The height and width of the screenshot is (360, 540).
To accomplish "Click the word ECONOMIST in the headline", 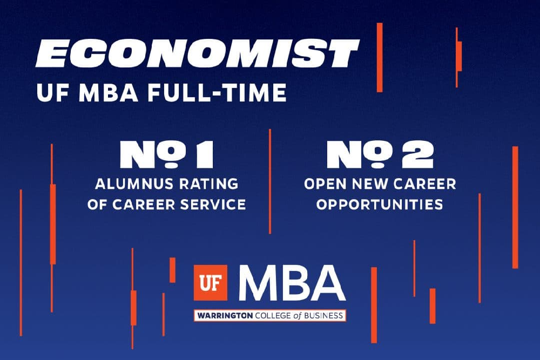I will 197,53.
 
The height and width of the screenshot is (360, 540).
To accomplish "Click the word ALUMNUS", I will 129,184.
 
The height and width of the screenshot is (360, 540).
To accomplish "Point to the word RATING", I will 207,184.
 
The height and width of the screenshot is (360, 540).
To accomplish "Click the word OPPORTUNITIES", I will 380,205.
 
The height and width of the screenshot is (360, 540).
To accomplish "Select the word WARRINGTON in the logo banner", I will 225,316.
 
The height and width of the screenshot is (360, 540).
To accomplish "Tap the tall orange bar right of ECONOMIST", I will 380,57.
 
